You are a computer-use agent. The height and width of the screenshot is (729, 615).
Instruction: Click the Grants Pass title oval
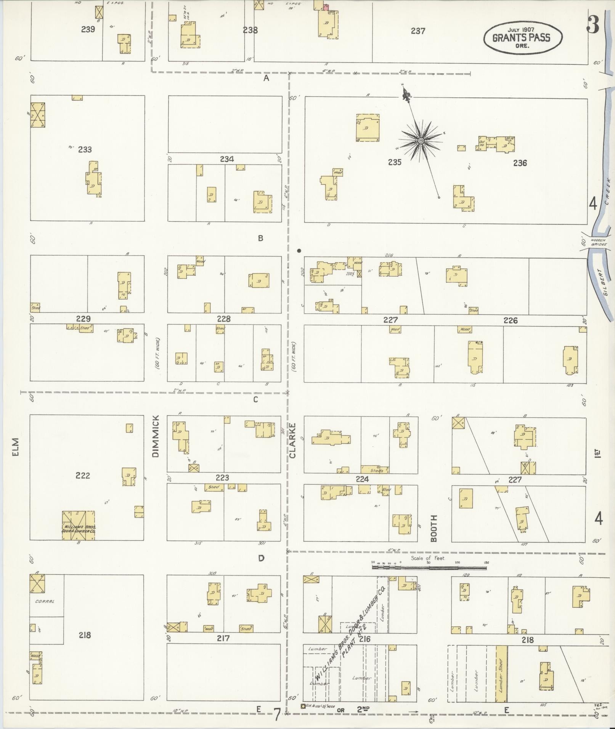point(522,38)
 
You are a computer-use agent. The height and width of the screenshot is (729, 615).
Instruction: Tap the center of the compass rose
point(421,141)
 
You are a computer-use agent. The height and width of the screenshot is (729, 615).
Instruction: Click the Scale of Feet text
point(427,558)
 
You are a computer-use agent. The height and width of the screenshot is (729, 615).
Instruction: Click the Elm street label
point(15,446)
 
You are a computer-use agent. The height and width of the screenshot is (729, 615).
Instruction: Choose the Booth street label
point(434,528)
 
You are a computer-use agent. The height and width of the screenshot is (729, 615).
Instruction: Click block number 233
point(85,149)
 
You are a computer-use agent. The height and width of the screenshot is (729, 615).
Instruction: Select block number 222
point(83,475)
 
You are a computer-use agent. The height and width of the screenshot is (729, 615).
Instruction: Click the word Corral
point(45,602)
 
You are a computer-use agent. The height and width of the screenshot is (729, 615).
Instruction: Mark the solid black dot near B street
point(299,251)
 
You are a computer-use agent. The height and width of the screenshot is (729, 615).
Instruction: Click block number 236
point(520,163)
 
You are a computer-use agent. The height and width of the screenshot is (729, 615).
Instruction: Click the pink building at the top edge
point(326,6)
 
